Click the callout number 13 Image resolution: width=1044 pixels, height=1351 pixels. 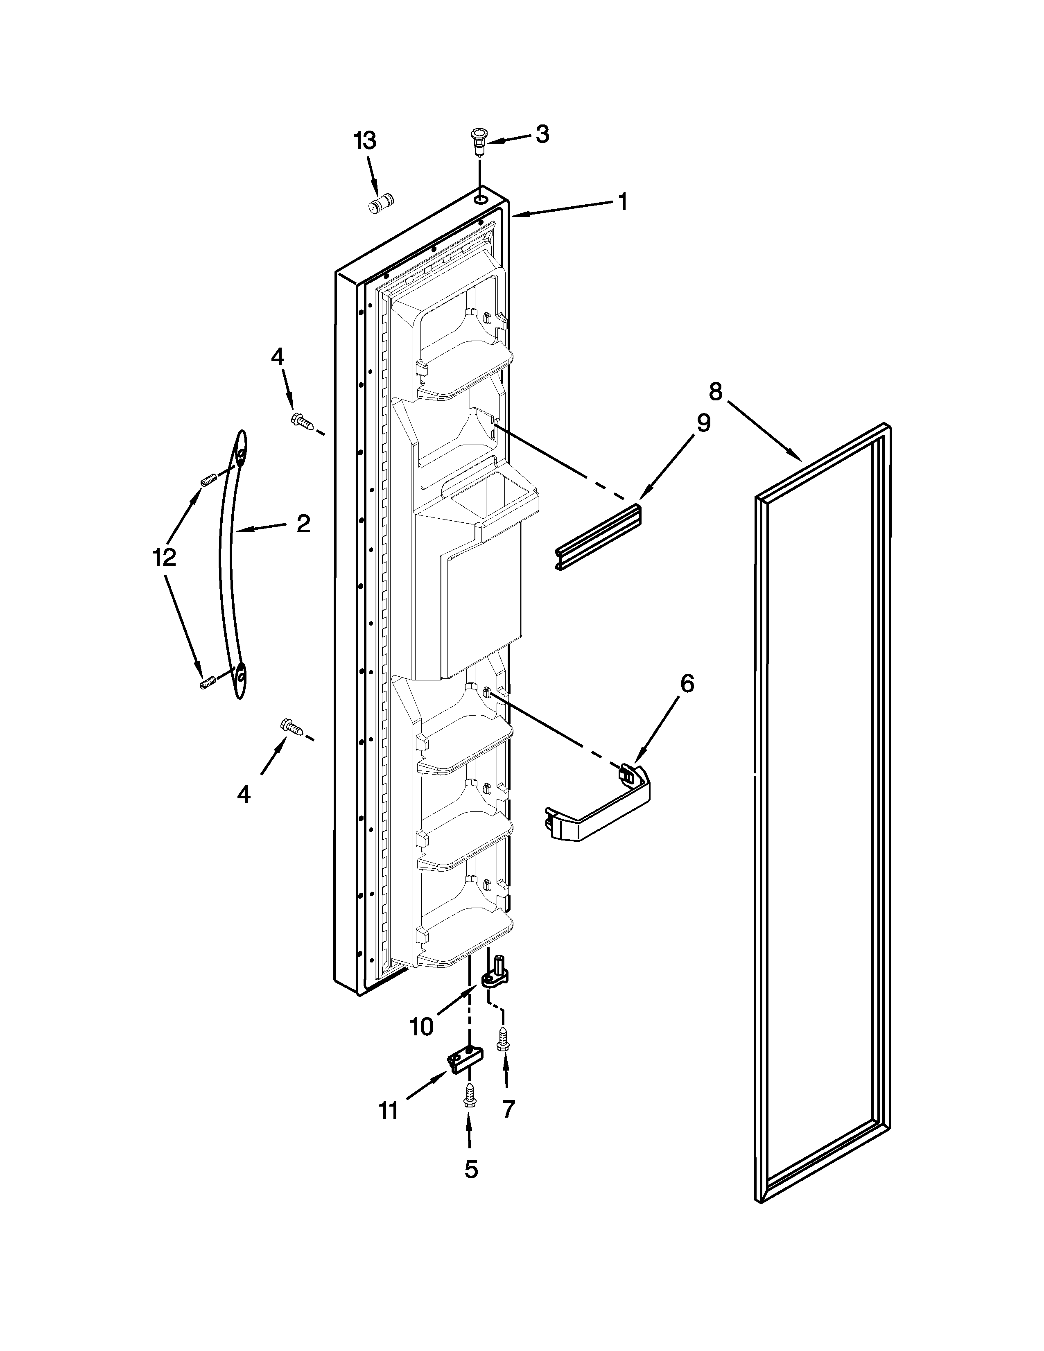[x=364, y=142]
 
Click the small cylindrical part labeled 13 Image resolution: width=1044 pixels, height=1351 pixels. [x=382, y=204]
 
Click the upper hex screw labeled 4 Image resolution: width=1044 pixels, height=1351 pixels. [x=302, y=420]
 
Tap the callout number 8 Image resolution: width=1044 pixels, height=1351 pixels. [x=715, y=391]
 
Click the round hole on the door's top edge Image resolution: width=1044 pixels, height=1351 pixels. [x=481, y=199]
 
